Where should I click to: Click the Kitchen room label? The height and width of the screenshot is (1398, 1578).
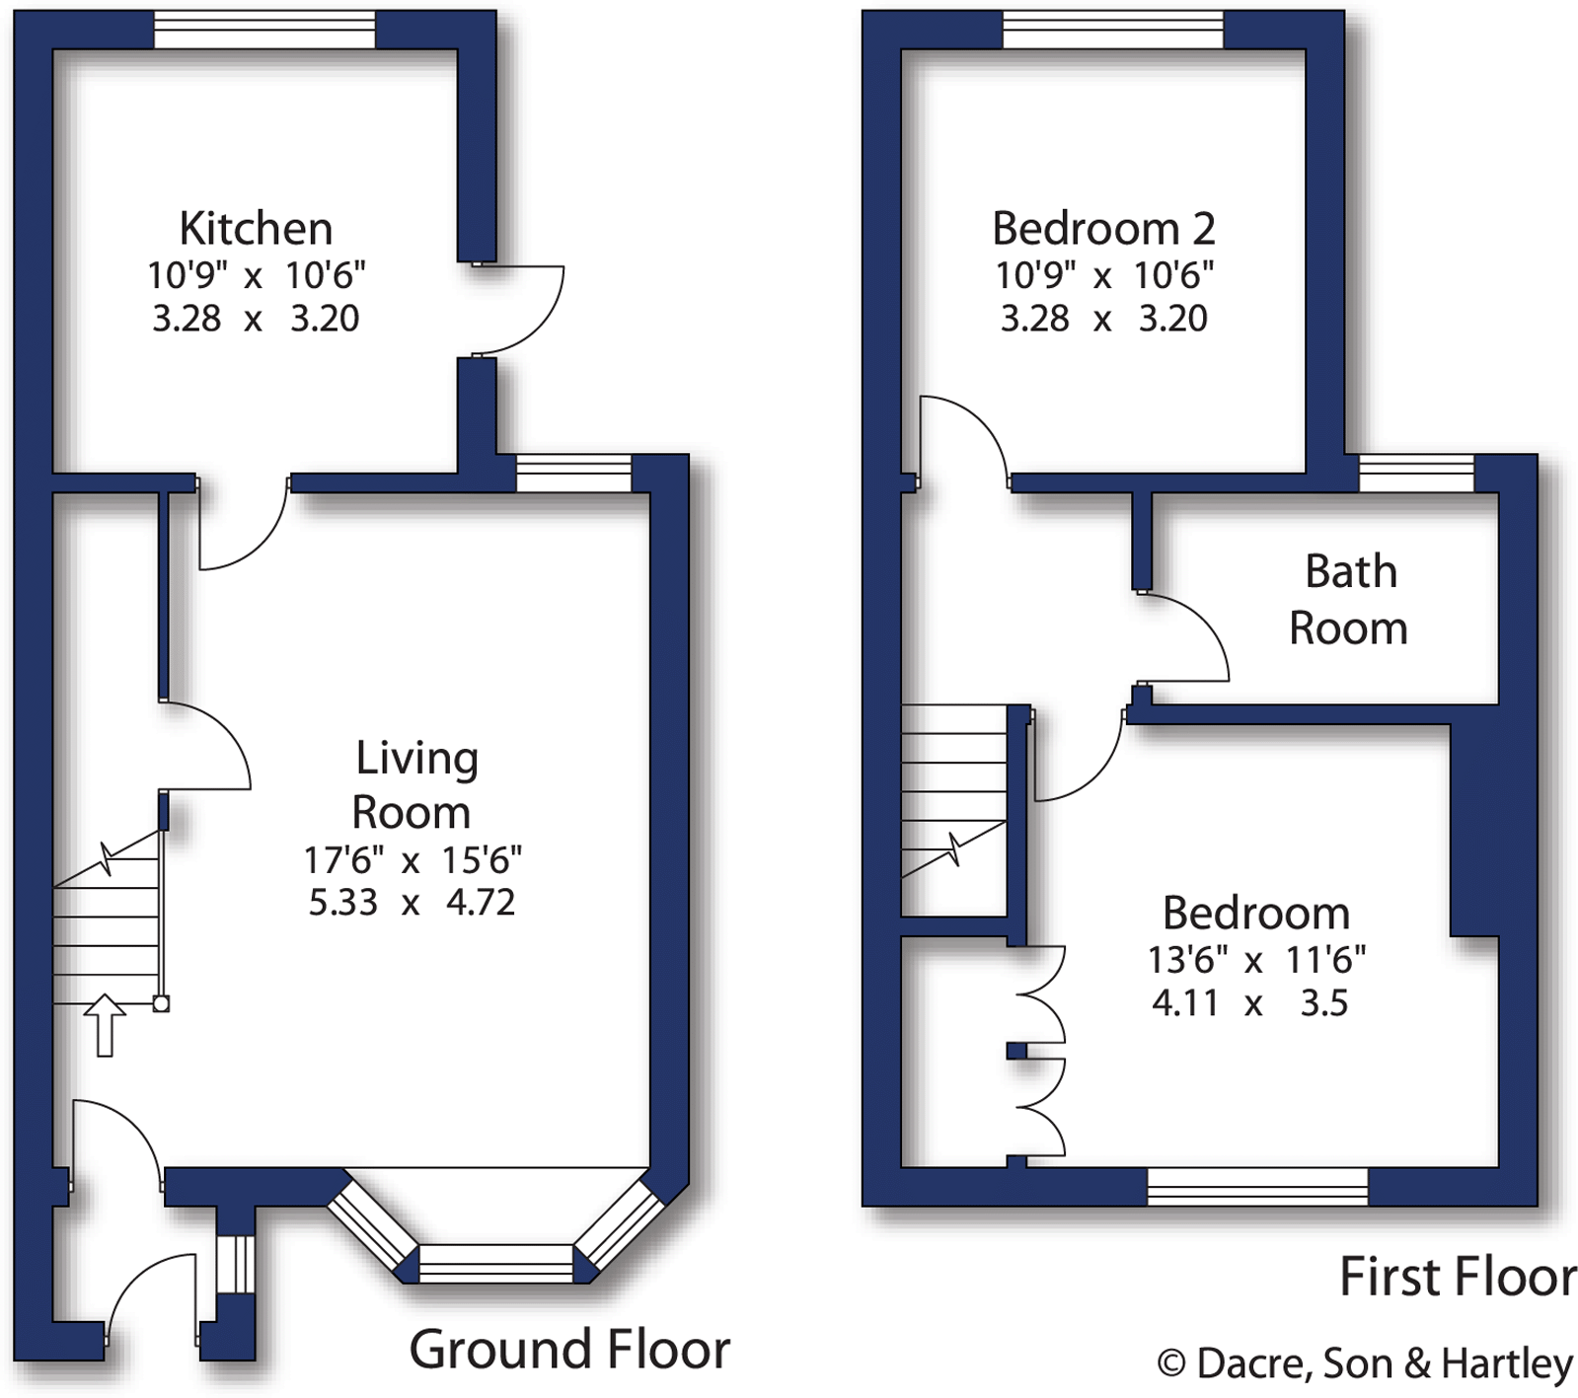tap(256, 229)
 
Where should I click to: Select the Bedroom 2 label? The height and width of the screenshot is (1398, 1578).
tap(1103, 229)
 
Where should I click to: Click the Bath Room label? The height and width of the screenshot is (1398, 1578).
tap(1349, 600)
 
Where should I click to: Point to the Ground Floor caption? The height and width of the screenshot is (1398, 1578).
tap(569, 1349)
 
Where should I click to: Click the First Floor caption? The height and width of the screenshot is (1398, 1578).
tap(1458, 1277)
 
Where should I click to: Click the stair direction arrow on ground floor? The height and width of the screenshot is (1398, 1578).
tap(105, 1026)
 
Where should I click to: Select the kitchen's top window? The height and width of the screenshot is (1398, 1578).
tap(264, 30)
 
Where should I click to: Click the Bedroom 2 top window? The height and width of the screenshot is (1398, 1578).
tap(1113, 30)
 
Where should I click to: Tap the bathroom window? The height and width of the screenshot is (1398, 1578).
tap(1416, 474)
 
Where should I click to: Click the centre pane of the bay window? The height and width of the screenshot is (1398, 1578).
tap(495, 1264)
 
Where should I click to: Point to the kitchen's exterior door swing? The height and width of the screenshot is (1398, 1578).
tap(521, 309)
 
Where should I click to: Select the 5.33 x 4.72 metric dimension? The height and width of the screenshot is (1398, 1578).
tap(412, 903)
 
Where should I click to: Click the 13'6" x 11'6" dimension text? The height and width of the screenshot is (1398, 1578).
tap(1256, 959)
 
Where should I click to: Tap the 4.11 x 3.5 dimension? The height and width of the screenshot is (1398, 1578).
tap(1249, 1003)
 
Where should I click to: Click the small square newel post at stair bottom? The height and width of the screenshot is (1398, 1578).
tap(161, 1004)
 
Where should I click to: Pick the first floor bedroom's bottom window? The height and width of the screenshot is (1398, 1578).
tap(1257, 1186)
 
